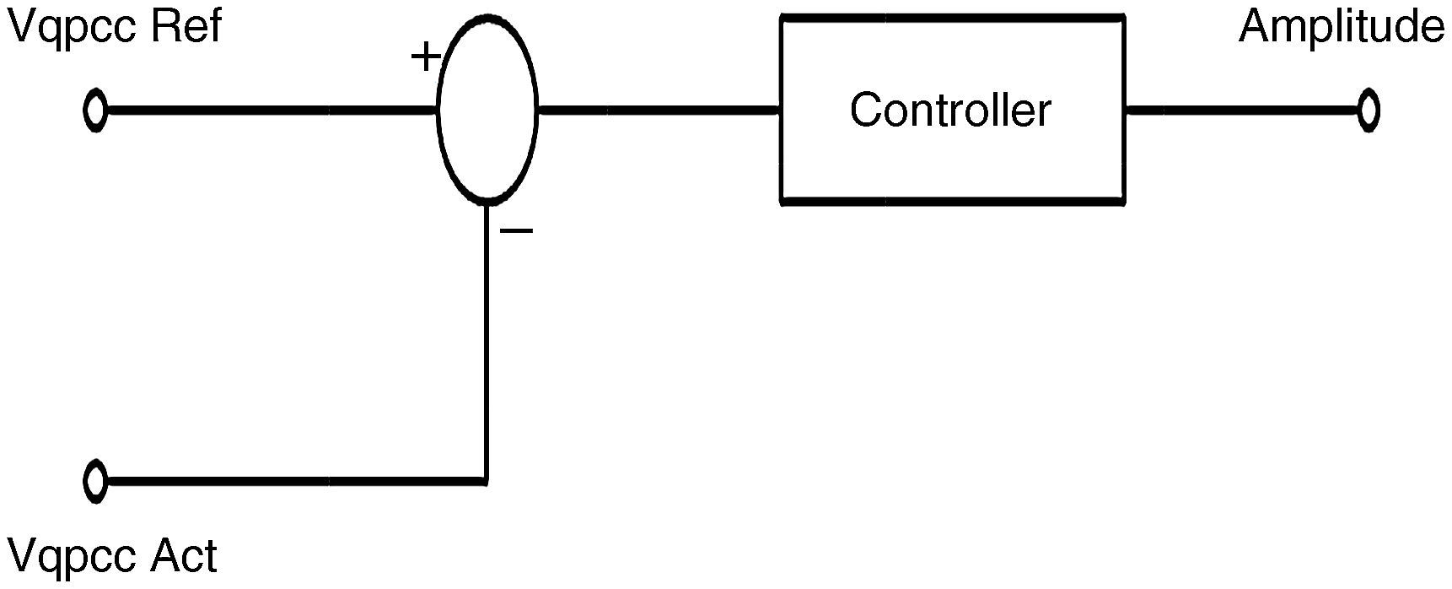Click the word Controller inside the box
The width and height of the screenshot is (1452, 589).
click(x=950, y=111)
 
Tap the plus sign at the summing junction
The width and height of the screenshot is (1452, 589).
click(x=426, y=57)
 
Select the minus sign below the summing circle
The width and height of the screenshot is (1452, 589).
click(x=517, y=230)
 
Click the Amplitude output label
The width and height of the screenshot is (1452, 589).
click(x=1341, y=27)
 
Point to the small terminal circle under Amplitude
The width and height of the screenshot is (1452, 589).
click(x=1368, y=111)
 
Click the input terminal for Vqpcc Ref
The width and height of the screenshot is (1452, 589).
click(x=95, y=111)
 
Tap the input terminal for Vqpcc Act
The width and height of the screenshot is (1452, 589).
click(x=95, y=481)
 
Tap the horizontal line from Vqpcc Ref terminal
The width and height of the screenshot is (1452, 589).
click(x=270, y=110)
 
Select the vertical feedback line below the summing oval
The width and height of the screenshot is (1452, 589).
click(x=487, y=338)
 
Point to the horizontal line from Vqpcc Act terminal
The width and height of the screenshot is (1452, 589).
click(x=287, y=481)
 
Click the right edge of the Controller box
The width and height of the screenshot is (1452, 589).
click(x=1123, y=152)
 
